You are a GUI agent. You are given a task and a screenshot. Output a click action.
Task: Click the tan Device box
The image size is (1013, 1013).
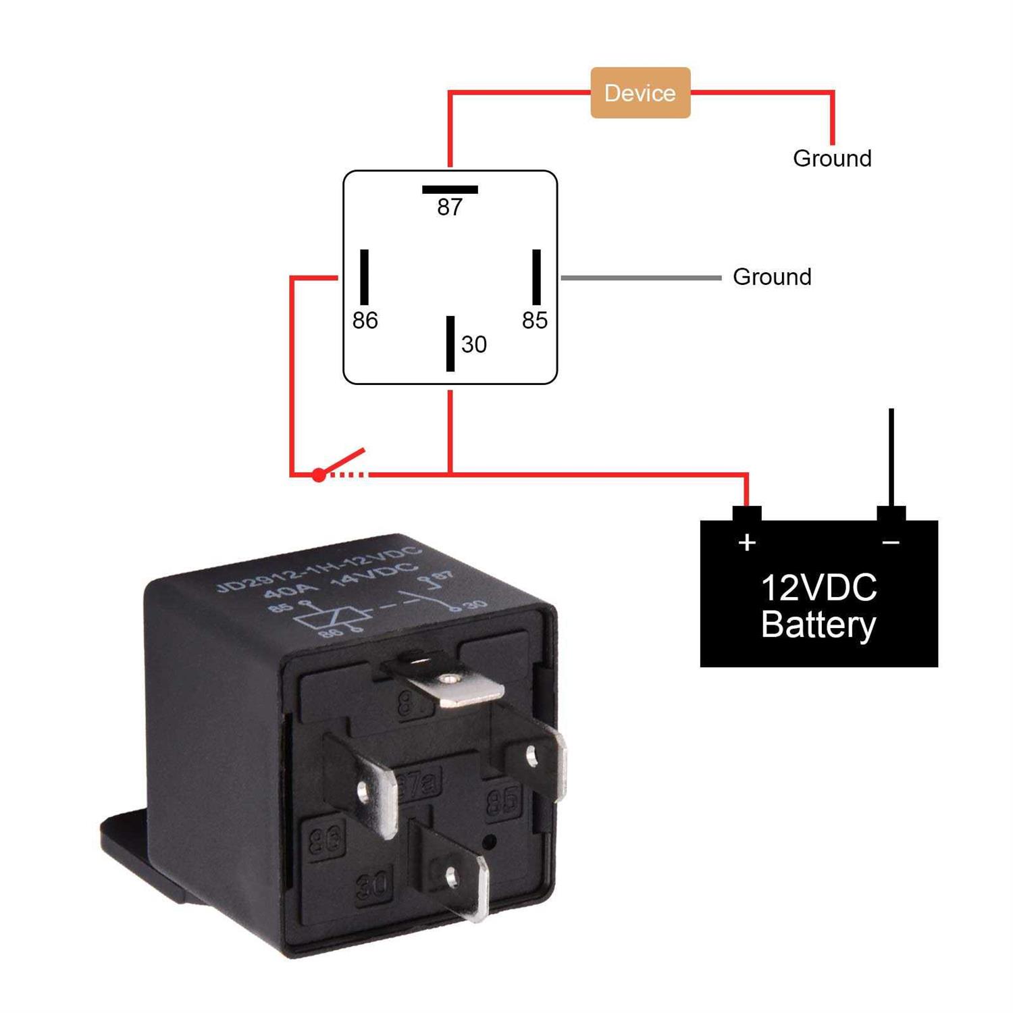(x=640, y=93)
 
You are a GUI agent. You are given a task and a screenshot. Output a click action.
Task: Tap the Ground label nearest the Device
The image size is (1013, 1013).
(x=832, y=159)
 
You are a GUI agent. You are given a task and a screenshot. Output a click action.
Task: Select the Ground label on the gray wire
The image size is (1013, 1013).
(x=772, y=277)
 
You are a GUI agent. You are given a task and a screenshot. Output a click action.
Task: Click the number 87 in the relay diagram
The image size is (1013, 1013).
(x=450, y=207)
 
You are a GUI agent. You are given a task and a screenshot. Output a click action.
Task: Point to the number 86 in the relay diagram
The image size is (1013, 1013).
(x=365, y=320)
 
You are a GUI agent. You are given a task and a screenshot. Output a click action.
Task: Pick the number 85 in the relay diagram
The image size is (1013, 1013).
(x=535, y=320)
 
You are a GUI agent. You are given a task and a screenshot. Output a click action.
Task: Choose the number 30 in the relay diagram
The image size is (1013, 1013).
(x=474, y=344)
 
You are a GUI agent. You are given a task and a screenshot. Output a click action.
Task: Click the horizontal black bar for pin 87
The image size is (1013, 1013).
(x=450, y=190)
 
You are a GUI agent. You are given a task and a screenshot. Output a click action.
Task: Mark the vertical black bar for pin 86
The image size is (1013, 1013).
(x=365, y=277)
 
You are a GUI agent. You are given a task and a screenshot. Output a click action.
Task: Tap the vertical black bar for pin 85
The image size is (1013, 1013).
(x=536, y=277)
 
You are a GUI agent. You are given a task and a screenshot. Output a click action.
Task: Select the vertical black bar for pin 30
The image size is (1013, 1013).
(x=450, y=343)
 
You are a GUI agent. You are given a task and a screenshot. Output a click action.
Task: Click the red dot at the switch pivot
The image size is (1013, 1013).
(x=319, y=475)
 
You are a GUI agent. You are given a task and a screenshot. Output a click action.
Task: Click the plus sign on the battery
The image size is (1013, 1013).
(x=747, y=542)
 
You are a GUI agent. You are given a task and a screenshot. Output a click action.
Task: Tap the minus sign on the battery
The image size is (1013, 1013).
(x=891, y=542)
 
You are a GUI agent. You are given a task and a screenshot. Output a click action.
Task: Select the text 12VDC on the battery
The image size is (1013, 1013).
(x=819, y=588)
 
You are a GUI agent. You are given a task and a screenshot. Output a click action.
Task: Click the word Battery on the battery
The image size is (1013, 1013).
(x=819, y=625)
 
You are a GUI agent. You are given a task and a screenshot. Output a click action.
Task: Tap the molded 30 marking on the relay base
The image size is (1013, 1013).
(x=373, y=884)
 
